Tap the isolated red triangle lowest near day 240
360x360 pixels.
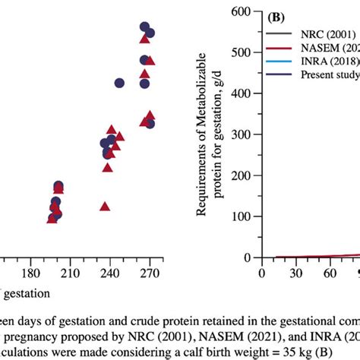[106, 206]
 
